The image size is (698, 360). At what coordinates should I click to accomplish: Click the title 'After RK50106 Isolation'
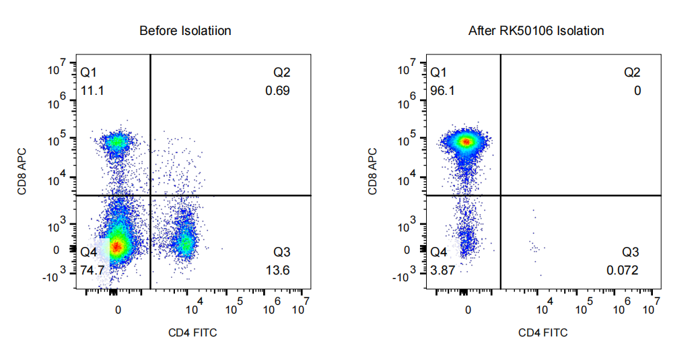coord(536,31)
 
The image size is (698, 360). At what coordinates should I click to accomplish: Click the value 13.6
coord(278,270)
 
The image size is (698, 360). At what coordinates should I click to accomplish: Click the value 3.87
coord(444,270)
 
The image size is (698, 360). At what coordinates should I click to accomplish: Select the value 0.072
coord(622,270)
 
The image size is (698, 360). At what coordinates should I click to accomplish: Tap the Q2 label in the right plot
coord(632,72)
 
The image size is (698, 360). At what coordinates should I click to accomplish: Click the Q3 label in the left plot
coord(281,252)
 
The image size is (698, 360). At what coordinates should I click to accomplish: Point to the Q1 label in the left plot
coord(89,72)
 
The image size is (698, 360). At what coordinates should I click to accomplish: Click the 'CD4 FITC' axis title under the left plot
coord(193,332)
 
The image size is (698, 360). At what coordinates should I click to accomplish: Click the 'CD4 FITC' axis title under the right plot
coord(543,332)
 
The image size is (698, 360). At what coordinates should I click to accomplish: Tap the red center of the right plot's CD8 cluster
coord(465,142)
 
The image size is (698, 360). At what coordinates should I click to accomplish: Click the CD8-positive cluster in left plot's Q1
coord(117,142)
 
